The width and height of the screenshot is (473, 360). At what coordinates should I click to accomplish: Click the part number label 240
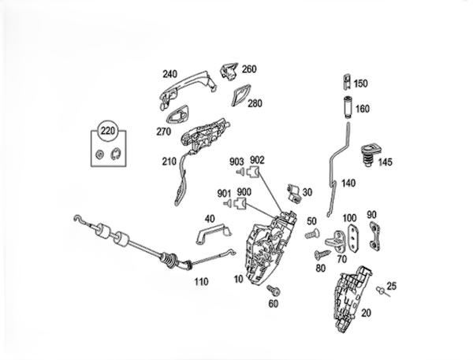click(169, 75)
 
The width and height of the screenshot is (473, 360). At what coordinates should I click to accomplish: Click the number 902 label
click(257, 161)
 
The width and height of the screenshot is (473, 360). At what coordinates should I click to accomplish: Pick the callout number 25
click(392, 286)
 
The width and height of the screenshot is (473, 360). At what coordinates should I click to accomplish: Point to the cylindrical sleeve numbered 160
click(345, 107)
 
